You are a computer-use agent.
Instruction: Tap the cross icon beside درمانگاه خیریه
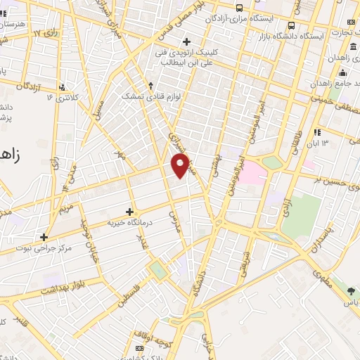click(x=129, y=211)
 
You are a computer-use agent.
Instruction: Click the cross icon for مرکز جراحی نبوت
click(x=44, y=237)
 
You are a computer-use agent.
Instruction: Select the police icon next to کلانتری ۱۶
click(x=63, y=87)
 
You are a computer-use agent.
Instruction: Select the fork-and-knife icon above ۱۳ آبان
click(x=317, y=131)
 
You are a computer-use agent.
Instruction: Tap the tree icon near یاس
click(x=352, y=289)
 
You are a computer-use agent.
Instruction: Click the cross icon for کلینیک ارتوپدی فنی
click(x=186, y=41)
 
